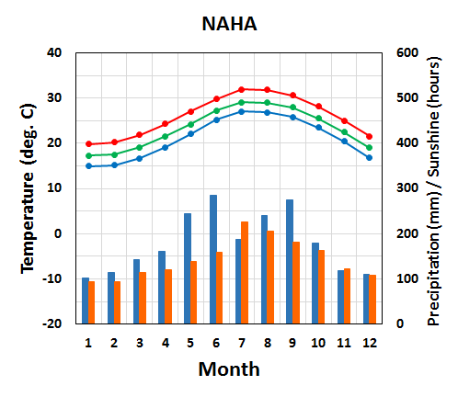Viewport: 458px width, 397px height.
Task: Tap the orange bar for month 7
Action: point(245,272)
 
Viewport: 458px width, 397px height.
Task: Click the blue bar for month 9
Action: point(290,261)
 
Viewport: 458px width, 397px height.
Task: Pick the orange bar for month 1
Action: point(91,302)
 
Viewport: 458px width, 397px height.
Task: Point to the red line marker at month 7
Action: point(242,89)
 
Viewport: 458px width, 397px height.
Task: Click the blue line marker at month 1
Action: point(88,165)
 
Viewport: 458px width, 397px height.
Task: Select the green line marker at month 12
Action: point(369,148)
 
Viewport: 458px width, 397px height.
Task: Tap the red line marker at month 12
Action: point(369,136)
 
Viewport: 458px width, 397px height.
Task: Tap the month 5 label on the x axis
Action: point(190,341)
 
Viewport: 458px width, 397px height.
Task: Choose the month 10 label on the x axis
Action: point(317,341)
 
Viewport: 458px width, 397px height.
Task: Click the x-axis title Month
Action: point(229,369)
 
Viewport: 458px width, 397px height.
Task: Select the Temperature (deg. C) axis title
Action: point(28,187)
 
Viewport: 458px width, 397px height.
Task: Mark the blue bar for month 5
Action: point(188,268)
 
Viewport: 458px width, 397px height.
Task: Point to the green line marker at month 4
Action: point(165,136)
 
